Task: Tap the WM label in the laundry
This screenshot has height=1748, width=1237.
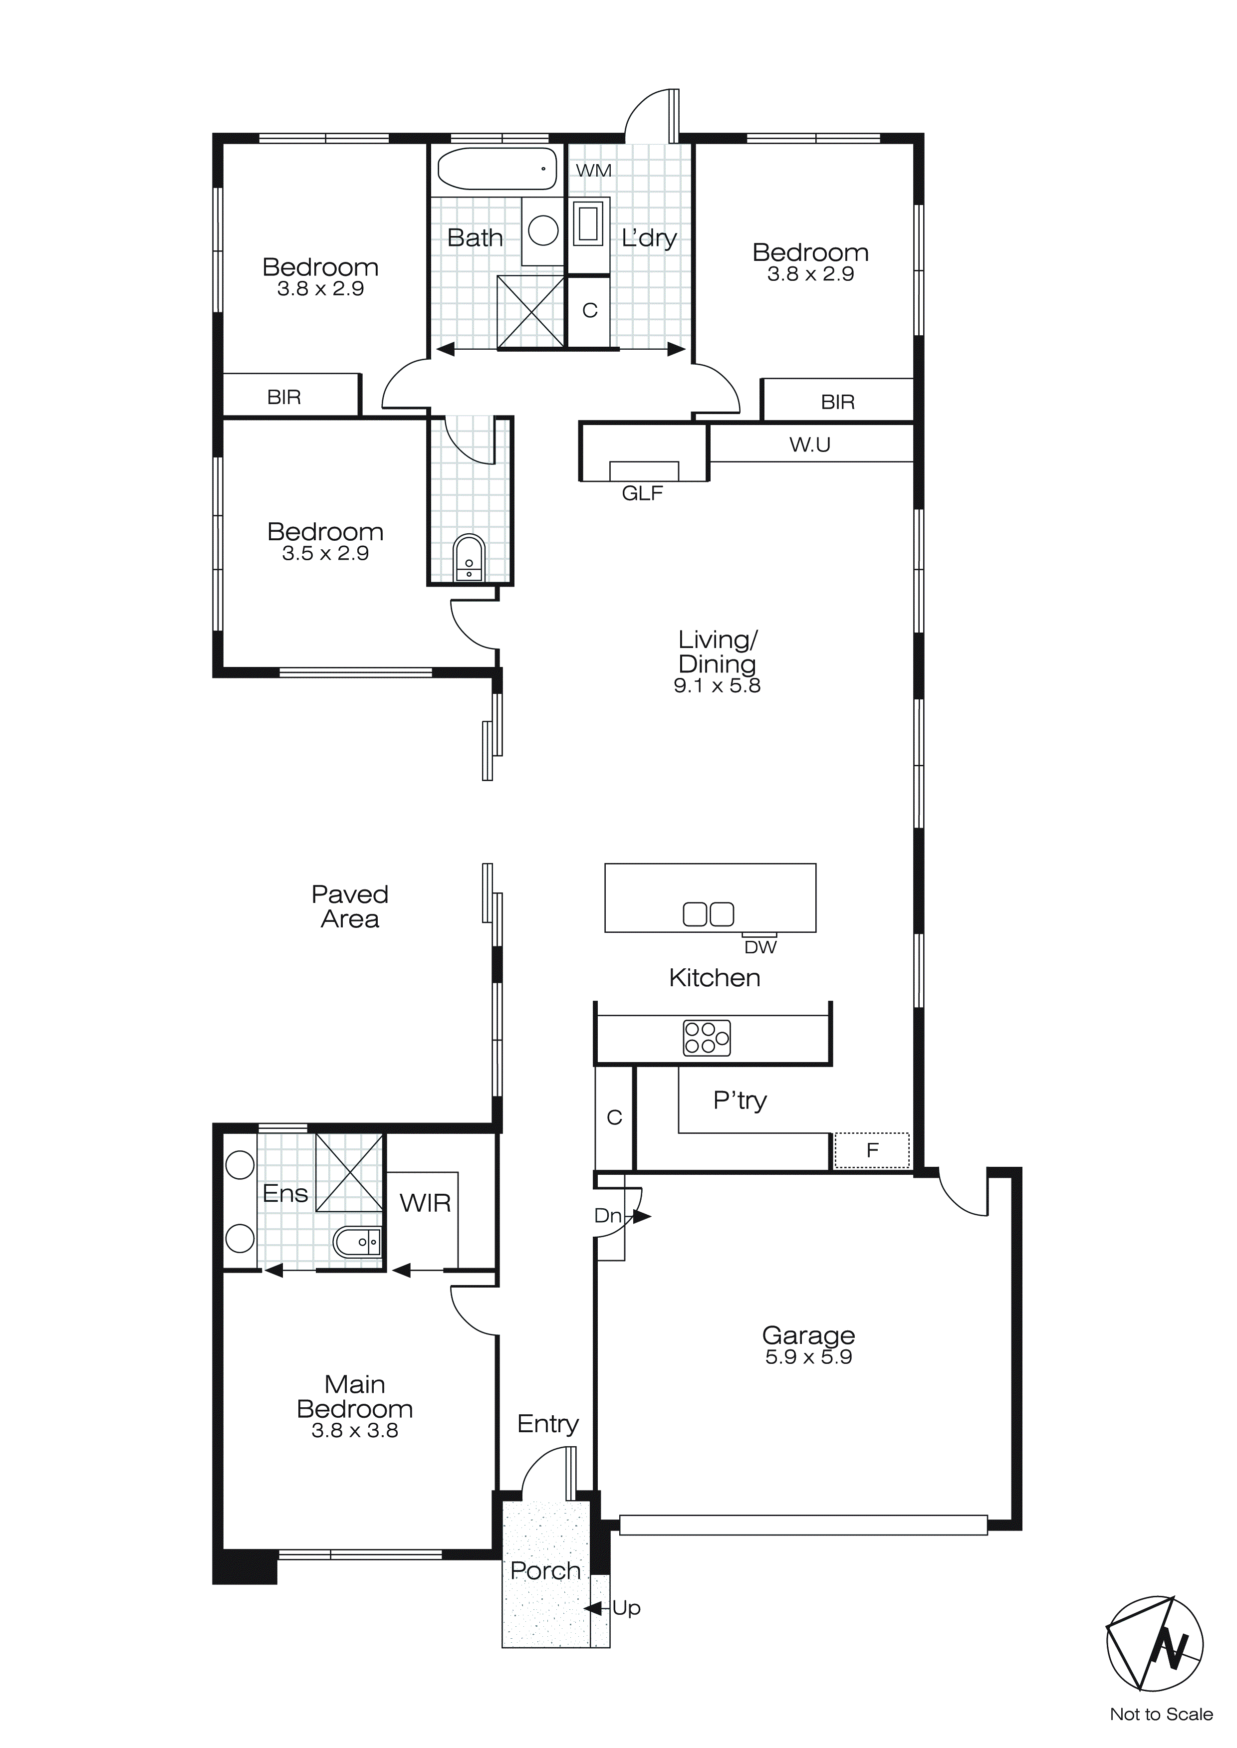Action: [x=593, y=171]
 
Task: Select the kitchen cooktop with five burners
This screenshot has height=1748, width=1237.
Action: [x=706, y=1038]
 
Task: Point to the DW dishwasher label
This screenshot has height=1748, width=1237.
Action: [x=760, y=947]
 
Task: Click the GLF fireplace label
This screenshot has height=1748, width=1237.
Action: [x=642, y=493]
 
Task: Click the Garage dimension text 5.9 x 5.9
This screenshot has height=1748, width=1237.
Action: [x=808, y=1357]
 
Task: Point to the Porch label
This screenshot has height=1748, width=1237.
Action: [x=545, y=1570]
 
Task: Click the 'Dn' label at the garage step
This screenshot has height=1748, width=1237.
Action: [x=607, y=1215]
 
